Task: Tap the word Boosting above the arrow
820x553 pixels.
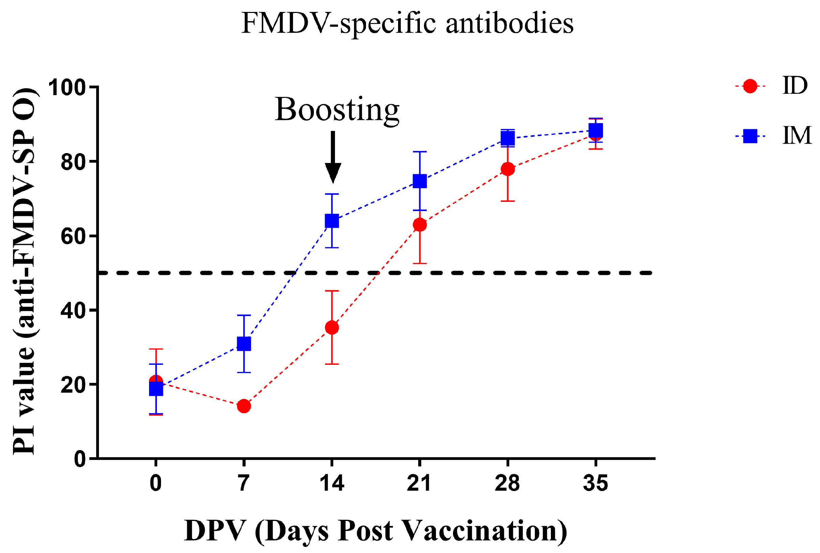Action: (337, 110)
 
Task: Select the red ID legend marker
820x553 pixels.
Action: (750, 86)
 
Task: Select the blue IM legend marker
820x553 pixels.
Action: (750, 136)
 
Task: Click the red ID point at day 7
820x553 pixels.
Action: (244, 406)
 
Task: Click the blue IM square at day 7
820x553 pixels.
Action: (244, 344)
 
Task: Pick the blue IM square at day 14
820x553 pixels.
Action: (332, 221)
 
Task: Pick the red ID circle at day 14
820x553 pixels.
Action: (332, 328)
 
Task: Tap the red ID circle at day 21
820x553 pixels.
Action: (420, 225)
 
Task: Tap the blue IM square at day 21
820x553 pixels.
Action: (420, 181)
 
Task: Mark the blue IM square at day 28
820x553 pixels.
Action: (508, 138)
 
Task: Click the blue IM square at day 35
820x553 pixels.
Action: (596, 131)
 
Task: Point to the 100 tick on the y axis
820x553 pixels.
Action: (67, 87)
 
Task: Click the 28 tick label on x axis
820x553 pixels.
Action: (507, 483)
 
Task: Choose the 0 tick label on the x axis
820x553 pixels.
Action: (156, 483)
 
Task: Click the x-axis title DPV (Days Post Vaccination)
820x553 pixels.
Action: (376, 531)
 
